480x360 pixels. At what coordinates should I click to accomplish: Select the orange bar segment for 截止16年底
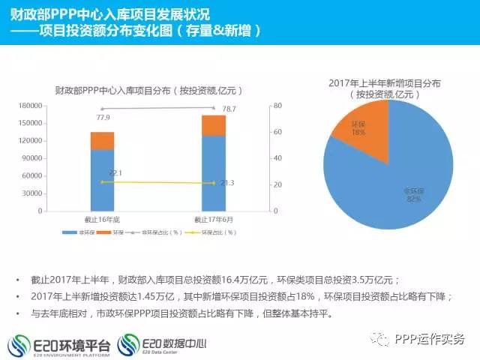(102, 141)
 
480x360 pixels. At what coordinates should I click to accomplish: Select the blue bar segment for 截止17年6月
(213, 174)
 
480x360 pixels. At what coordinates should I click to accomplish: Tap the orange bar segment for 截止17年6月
(213, 125)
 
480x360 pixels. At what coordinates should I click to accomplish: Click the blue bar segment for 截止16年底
(102, 181)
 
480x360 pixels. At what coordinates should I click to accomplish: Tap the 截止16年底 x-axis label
(102, 220)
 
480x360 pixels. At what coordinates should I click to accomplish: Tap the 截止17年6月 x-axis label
(213, 220)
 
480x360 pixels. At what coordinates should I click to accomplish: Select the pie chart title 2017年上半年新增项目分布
(385, 83)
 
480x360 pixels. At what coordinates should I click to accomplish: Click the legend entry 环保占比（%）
(215, 232)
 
